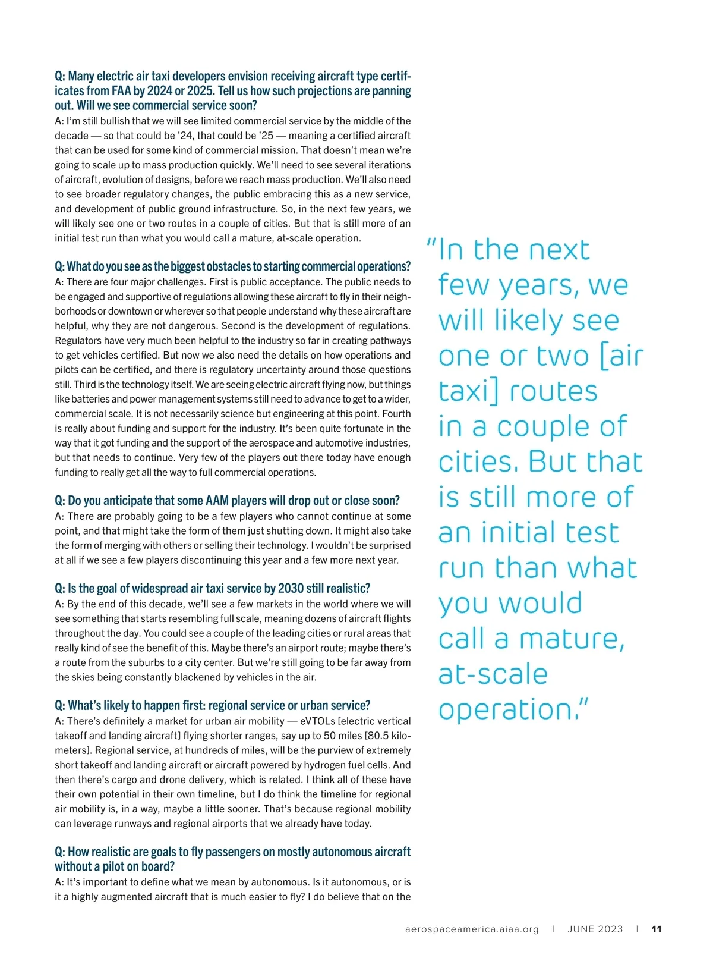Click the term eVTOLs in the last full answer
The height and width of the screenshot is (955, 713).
[x=318, y=721]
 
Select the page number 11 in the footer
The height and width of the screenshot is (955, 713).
[x=657, y=929]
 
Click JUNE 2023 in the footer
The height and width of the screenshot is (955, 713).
[x=595, y=929]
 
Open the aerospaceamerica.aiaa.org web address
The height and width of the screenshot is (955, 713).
[x=472, y=929]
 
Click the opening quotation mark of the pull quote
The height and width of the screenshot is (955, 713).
[x=432, y=243]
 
